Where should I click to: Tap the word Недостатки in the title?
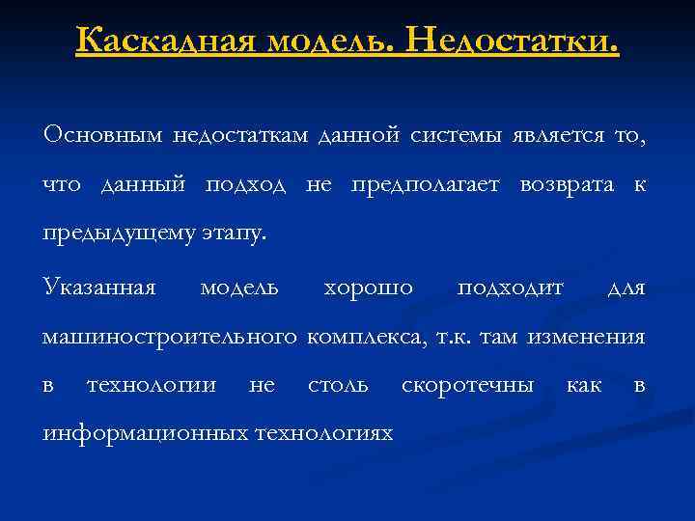513,41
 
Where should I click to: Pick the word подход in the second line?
245,185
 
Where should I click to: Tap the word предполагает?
425,185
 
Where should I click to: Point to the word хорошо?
369,287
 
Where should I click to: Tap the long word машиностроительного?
169,337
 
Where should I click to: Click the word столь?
338,386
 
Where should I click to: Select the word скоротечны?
467,386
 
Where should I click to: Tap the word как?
583,386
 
